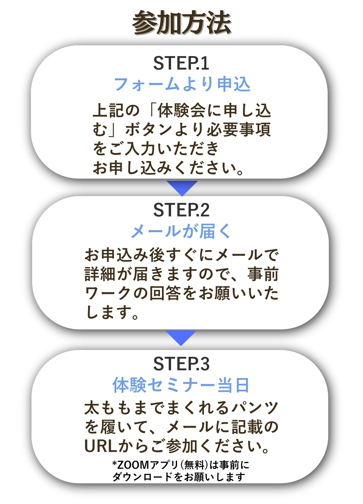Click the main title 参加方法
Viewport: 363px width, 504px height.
tap(182, 23)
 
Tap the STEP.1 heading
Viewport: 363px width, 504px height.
tap(181, 63)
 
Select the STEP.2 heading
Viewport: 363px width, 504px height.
tap(181, 210)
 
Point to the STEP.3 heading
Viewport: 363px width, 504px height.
tap(181, 364)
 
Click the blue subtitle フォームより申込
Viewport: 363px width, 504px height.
tap(182, 84)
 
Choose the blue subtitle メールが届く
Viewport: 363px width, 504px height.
tap(181, 232)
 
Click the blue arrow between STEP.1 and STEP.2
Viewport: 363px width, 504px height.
tap(182, 187)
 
